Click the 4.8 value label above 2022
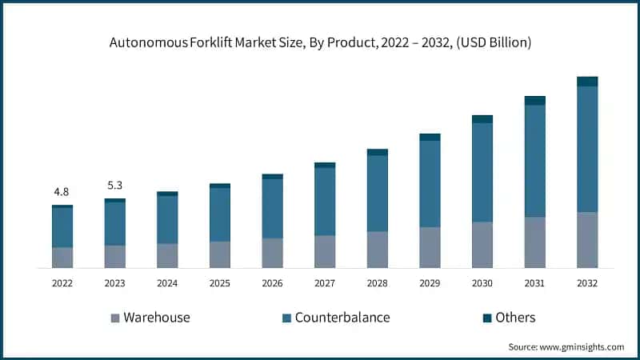[62, 192]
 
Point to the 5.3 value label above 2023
[114, 186]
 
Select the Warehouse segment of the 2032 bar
[587, 239]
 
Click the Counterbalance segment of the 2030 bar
[482, 172]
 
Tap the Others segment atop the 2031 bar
[535, 100]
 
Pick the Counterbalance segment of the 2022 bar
[62, 227]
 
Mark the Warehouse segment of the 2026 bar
[272, 252]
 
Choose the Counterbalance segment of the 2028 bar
[377, 193]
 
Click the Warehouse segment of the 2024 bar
[167, 255]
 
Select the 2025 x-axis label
[219, 283]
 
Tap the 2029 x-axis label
[430, 283]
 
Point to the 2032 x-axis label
[587, 283]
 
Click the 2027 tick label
[325, 283]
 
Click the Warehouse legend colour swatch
[114, 318]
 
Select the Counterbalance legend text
[342, 318]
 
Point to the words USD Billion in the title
[494, 43]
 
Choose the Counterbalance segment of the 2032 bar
[587, 149]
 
